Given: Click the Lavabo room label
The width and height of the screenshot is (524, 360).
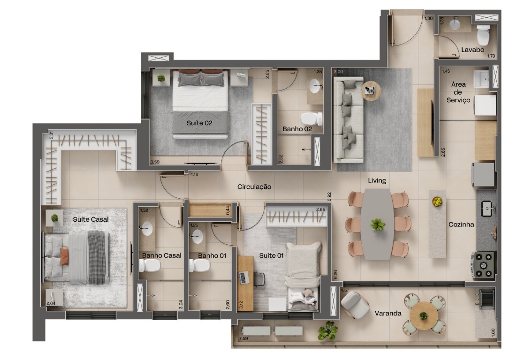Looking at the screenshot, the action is (x=472, y=50).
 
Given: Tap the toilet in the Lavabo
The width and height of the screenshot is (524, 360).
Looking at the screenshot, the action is (x=483, y=35).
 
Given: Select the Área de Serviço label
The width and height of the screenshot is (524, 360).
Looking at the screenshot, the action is (x=458, y=92).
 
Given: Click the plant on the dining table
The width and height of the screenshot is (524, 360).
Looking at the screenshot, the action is (x=378, y=225).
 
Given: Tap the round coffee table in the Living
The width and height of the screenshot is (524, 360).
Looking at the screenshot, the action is (x=371, y=90).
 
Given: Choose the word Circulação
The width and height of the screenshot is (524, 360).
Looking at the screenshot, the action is (x=254, y=187).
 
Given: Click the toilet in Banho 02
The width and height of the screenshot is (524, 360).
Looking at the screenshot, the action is (x=311, y=119).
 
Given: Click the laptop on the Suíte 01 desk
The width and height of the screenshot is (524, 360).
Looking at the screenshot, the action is (x=243, y=277).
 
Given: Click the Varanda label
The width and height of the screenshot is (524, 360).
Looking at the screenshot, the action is (x=388, y=313).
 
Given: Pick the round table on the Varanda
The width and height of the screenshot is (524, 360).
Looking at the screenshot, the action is (x=424, y=315).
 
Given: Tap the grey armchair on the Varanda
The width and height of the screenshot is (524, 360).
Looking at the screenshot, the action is (x=355, y=305).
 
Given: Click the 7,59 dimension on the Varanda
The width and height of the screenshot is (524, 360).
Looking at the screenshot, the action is (x=243, y=338).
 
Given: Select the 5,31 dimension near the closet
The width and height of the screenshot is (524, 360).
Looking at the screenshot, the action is (x=51, y=135).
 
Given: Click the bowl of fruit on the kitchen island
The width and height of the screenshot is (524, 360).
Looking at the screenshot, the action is (x=437, y=202).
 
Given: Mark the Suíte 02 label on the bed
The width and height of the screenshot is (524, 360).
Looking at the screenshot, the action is (x=199, y=123).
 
